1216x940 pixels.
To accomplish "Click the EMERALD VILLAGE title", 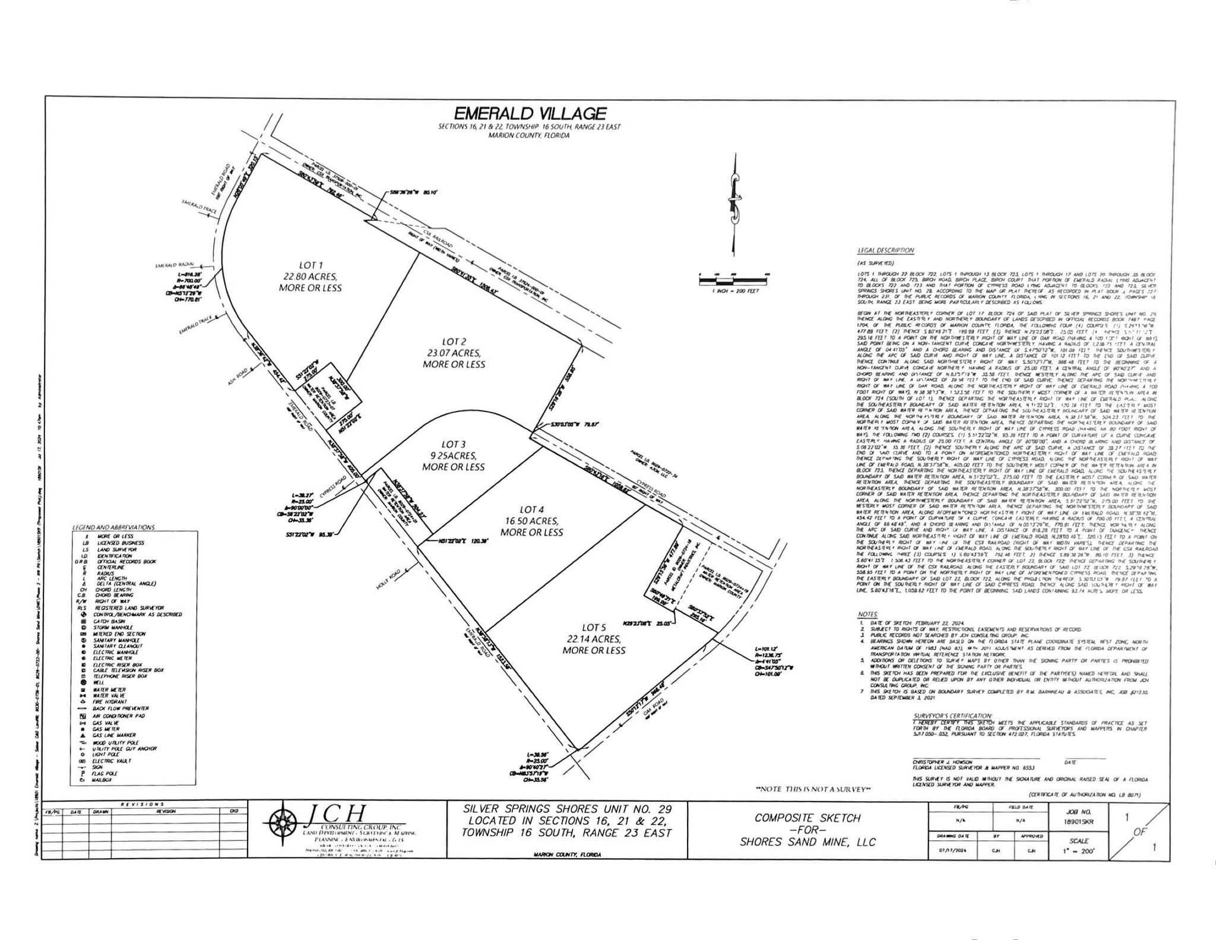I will click(530, 113).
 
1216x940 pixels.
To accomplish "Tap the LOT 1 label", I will click(311, 265).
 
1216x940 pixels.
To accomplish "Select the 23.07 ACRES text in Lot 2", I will click(454, 353).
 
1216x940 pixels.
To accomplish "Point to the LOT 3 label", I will click(454, 444).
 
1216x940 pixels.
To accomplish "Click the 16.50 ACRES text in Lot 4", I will click(531, 521).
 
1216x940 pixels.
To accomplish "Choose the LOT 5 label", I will click(594, 627).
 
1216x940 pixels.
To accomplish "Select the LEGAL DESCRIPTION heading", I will click(885, 251).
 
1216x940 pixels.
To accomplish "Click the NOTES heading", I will click(867, 614).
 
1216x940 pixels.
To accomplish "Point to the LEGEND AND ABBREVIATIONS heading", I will click(113, 527).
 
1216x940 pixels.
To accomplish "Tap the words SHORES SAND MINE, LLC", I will click(807, 842).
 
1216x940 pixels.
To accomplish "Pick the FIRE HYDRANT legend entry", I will click(110, 702).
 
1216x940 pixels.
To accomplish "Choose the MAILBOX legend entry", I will click(103, 780).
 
